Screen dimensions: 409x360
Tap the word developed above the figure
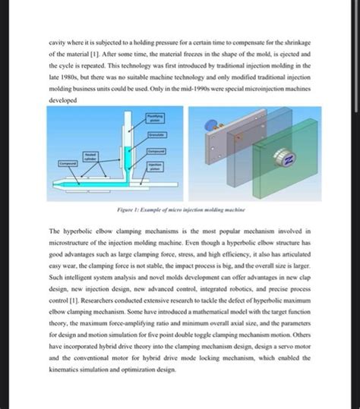click(x=62, y=99)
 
